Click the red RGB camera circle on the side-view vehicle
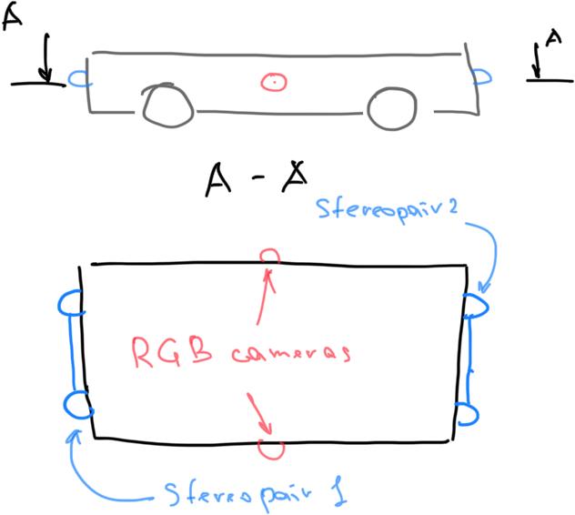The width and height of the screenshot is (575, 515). [272, 82]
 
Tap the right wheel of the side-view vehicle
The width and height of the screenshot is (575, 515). [394, 107]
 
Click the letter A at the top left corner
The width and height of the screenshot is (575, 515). [13, 16]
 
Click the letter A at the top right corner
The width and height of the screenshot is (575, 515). [552, 38]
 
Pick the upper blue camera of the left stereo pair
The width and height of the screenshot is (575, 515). [71, 304]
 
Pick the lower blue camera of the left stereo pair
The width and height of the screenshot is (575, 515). [78, 405]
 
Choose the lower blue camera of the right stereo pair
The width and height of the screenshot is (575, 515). [469, 415]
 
